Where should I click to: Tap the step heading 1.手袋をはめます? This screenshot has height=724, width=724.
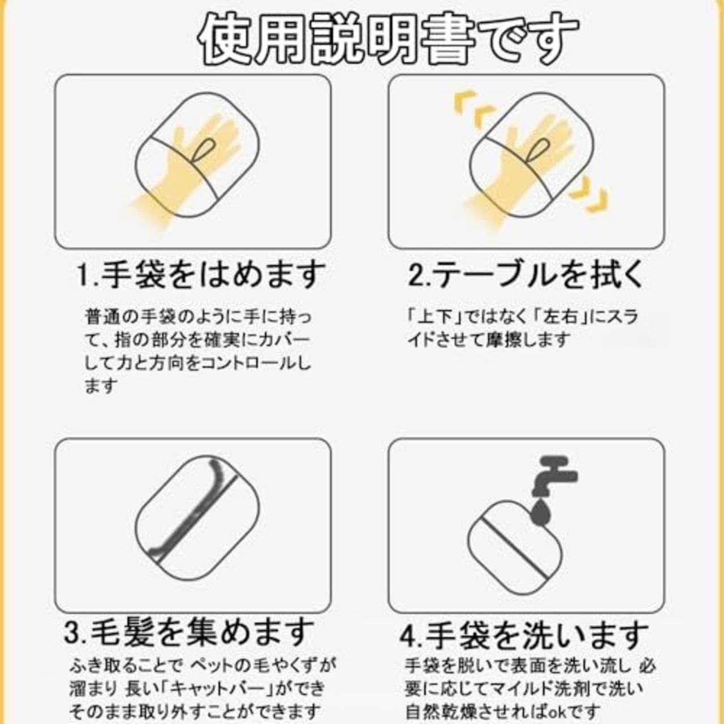(201, 275)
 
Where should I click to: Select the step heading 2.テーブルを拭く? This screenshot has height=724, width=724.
(526, 275)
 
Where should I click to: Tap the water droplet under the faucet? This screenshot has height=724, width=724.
(541, 511)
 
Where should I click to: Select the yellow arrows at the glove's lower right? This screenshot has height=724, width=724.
(588, 199)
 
